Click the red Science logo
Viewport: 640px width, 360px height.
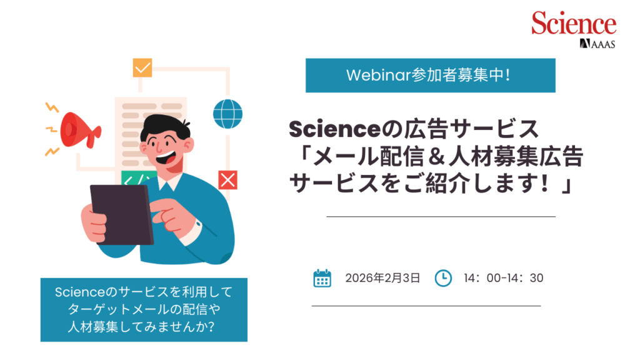574,23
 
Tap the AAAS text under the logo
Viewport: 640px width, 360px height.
602,44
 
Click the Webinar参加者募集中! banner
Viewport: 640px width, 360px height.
430,76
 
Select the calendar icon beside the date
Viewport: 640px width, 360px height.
322,278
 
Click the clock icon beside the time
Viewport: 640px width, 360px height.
443,278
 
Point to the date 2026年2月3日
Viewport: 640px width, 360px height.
382,278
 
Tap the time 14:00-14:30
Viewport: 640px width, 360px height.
503,278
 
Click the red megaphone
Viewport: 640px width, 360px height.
80,130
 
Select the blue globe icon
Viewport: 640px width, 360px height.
227,114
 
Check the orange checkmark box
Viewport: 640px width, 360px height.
142,67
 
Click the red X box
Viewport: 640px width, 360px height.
227,180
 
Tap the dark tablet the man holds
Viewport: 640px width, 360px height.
122,214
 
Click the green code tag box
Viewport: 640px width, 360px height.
138,178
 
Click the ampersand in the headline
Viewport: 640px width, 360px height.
437,157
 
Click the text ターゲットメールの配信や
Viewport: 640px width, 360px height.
144,309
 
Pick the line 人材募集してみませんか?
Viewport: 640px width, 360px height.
141,326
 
